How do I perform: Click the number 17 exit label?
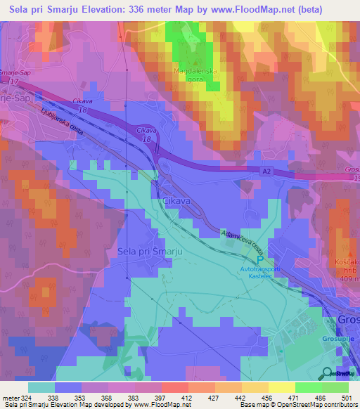(13, 82)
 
